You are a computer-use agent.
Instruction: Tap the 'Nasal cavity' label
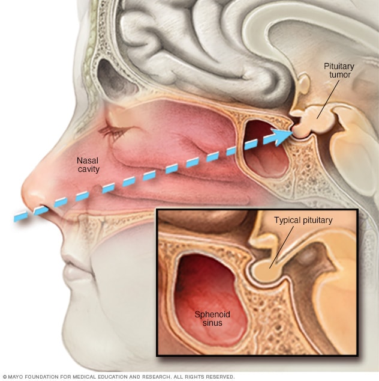87,165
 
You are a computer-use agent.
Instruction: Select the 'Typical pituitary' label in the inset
303,220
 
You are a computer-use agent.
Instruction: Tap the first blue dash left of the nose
20,215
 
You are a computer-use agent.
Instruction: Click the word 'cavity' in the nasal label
88,169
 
